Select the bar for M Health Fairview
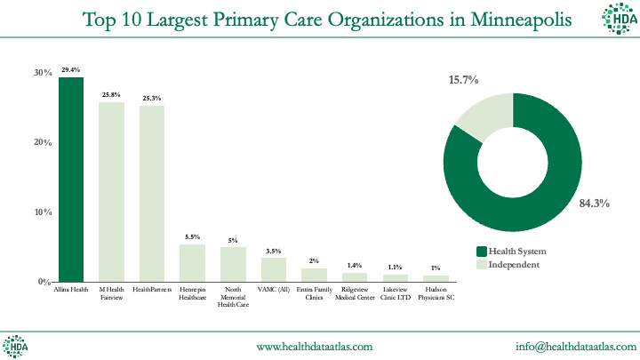tap(111, 192)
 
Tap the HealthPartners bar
tap(151, 194)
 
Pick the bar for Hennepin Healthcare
tap(192, 263)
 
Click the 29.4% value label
tap(71, 69)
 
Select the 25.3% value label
tap(151, 98)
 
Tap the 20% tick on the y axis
tap(43, 142)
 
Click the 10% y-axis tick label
tap(43, 212)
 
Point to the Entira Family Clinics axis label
tap(314, 293)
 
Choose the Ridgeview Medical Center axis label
tap(355, 293)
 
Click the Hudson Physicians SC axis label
tap(436, 293)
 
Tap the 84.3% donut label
tap(594, 204)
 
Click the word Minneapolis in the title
tap(513, 19)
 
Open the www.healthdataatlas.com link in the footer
tap(315, 346)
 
